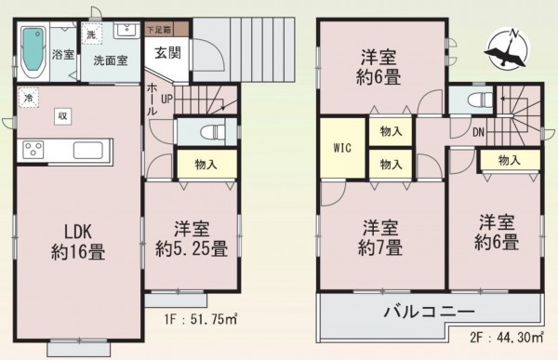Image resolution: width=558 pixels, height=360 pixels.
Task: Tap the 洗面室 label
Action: (111, 60)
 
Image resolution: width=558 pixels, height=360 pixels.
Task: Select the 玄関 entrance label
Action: (167, 52)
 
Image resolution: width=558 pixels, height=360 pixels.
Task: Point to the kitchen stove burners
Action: (33, 150)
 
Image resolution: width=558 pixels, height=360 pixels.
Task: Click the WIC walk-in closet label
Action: (342, 148)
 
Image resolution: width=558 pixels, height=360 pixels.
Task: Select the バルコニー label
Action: (430, 312)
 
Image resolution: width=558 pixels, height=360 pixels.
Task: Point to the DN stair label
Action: (478, 131)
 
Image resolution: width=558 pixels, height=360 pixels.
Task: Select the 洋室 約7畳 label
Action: (382, 237)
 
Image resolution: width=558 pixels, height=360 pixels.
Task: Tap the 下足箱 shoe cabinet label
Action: (161, 31)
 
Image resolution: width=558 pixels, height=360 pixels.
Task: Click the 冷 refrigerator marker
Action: (29, 97)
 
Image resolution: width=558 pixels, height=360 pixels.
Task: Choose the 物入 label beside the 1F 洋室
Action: (206, 165)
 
